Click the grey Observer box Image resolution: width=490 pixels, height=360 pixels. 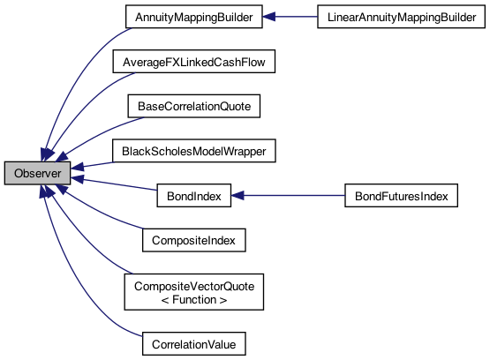[x=37, y=174]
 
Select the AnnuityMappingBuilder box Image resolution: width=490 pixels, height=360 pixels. [x=194, y=17]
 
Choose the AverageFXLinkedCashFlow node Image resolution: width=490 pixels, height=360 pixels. [x=194, y=62]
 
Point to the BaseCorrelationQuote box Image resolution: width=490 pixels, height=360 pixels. [x=194, y=107]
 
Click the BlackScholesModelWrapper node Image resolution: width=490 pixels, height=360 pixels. [x=194, y=152]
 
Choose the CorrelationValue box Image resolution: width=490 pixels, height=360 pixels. [x=194, y=341]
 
